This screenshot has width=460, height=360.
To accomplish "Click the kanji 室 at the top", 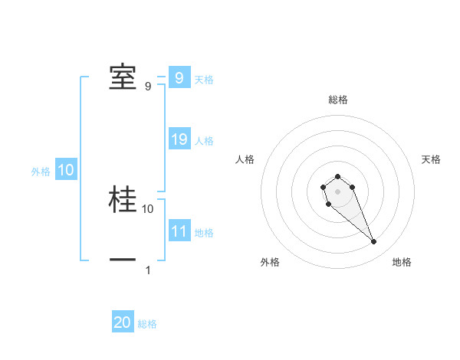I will [x=123, y=77].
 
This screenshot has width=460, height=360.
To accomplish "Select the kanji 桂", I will [x=123, y=199].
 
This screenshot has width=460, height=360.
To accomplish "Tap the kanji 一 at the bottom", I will [x=123, y=260].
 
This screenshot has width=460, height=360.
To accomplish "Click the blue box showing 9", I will [x=179, y=78].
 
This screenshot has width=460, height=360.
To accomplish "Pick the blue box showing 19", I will [x=179, y=139].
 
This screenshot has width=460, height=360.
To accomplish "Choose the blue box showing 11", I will [x=179, y=231].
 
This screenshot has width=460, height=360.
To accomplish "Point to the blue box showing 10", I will [x=65, y=171].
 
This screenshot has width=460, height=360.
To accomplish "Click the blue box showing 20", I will [x=123, y=323].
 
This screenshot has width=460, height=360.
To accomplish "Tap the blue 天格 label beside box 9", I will [x=204, y=80].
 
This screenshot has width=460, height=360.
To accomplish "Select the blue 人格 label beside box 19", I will [x=204, y=141].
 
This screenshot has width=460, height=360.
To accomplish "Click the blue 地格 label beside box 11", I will [x=204, y=233].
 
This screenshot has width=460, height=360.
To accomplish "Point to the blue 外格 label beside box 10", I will [x=41, y=172].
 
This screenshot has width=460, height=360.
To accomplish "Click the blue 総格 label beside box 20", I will [x=147, y=325].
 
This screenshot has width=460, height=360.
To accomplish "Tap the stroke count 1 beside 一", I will [x=148, y=270].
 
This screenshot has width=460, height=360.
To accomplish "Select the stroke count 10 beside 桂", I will [x=148, y=208].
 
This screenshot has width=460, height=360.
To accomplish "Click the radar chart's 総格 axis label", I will [x=337, y=100].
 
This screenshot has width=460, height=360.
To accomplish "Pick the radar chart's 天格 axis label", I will [x=431, y=159].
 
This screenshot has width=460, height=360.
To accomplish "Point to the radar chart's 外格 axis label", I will [x=270, y=263].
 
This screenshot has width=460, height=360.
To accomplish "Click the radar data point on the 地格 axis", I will [x=373, y=242].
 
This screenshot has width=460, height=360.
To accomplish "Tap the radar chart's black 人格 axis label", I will [x=245, y=159].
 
